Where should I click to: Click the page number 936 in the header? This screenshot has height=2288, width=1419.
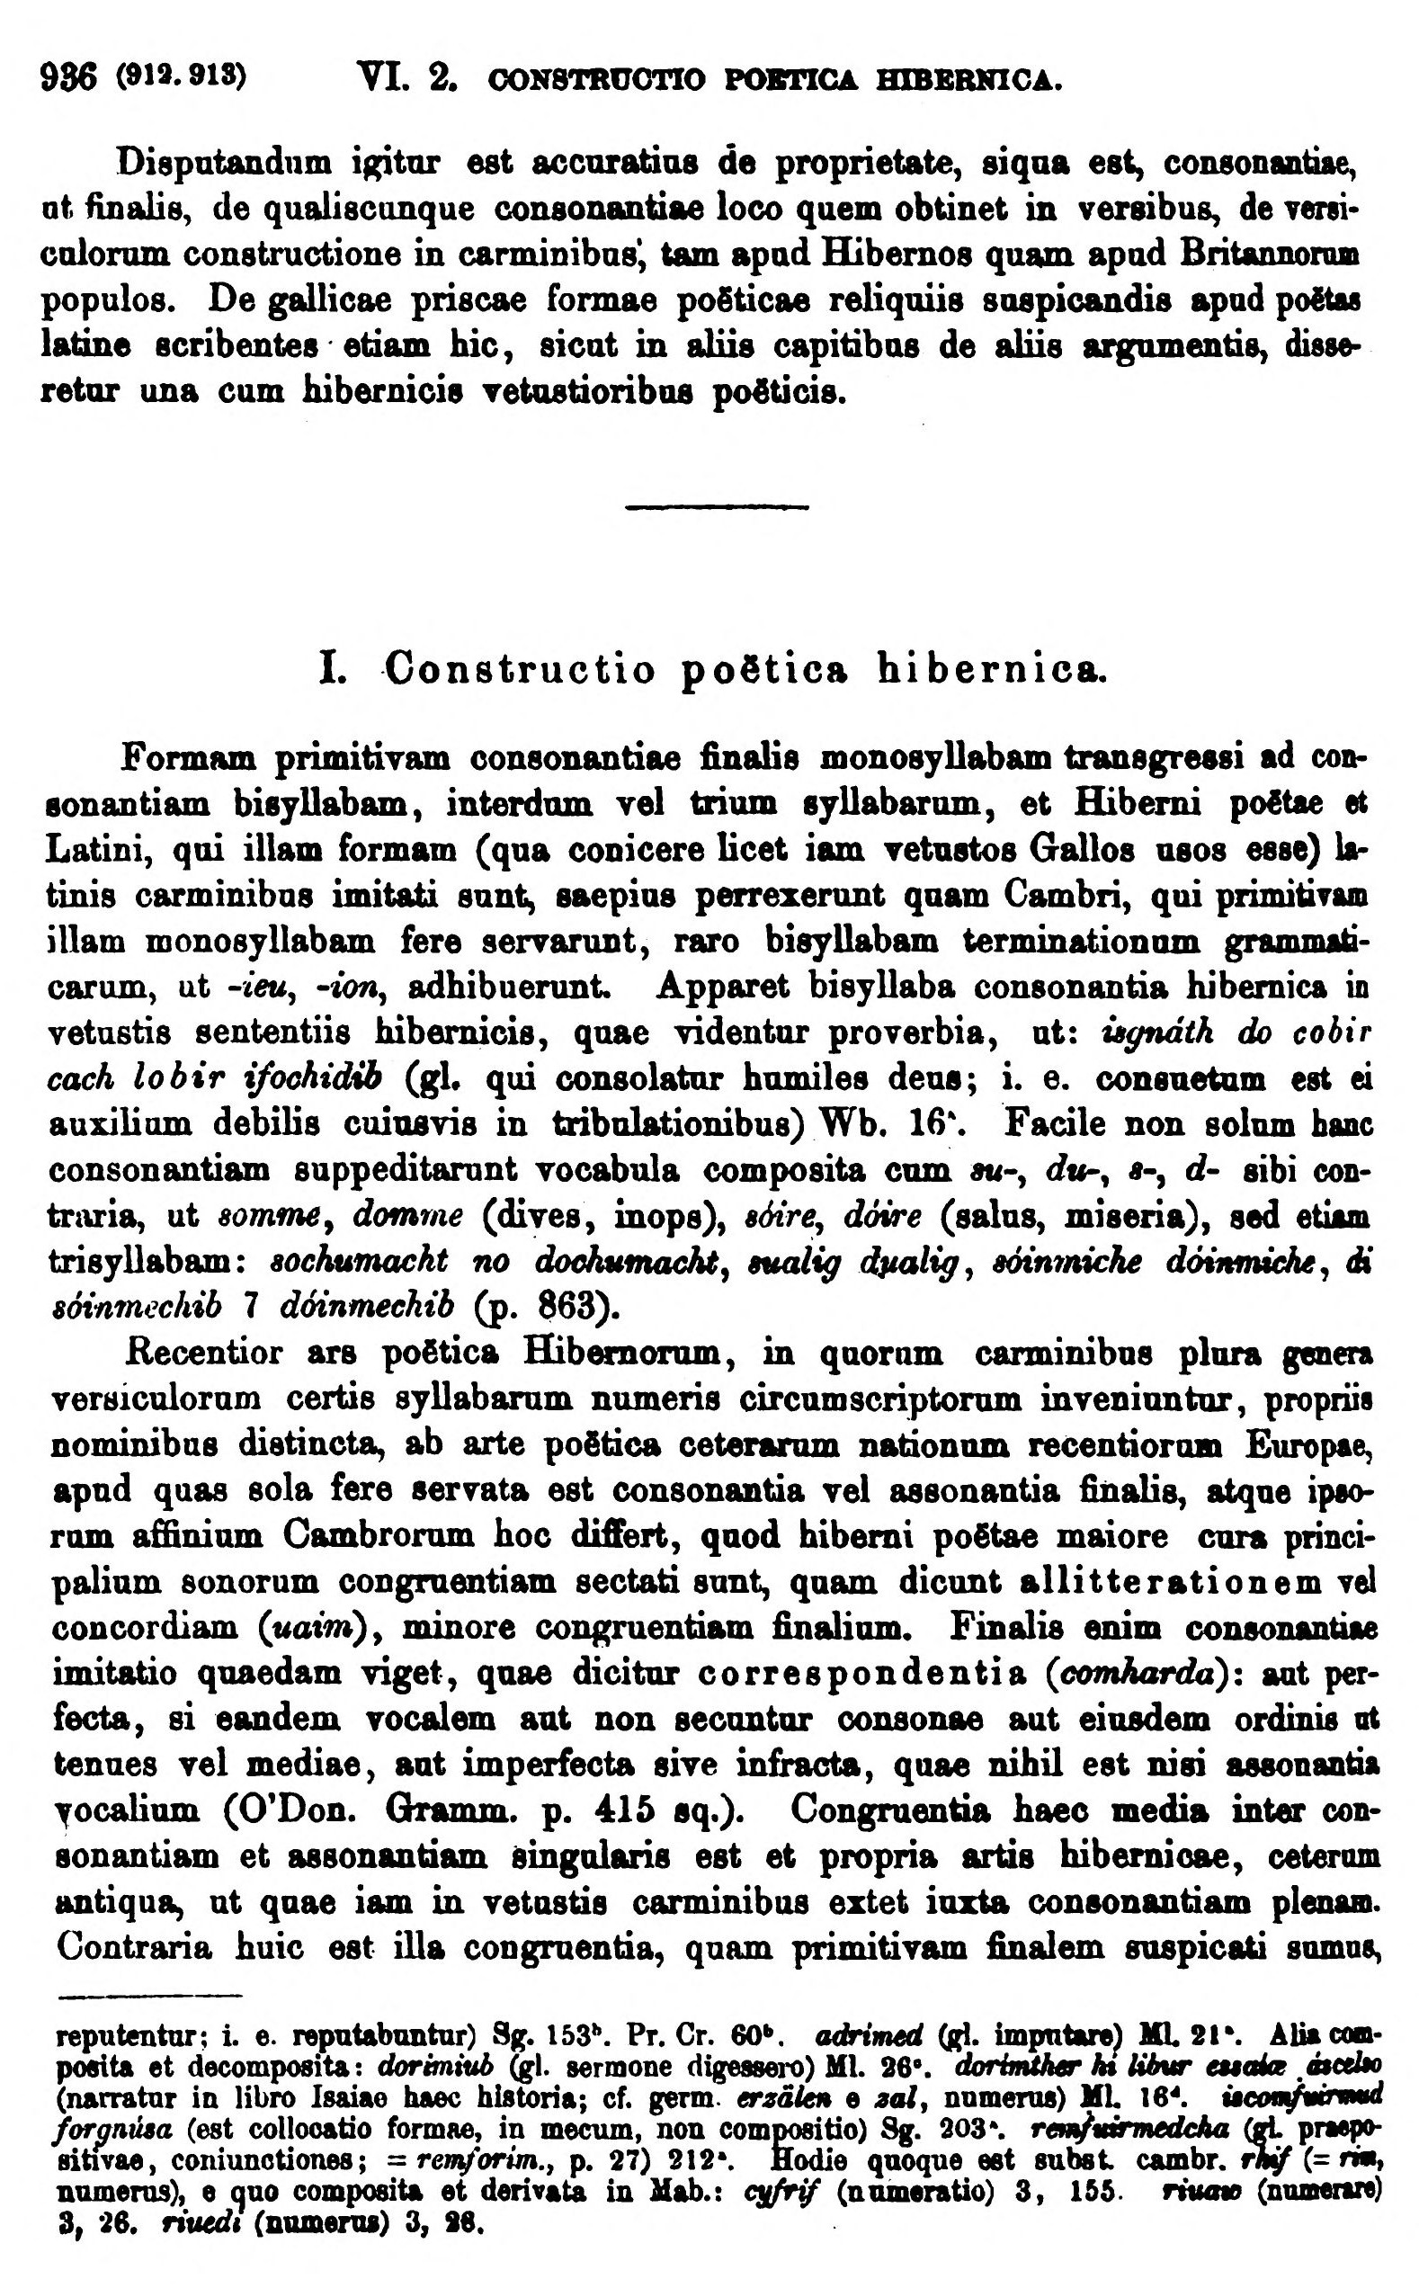[68, 73]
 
